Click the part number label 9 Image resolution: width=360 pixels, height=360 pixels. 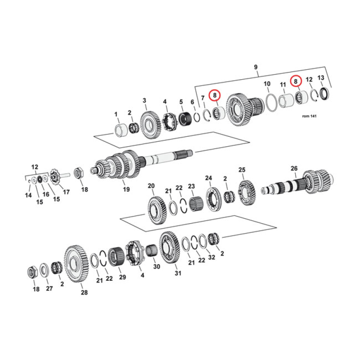click(256, 67)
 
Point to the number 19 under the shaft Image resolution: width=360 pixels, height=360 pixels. click(126, 189)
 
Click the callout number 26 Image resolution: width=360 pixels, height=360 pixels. click(294, 169)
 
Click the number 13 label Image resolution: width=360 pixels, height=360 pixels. click(320, 78)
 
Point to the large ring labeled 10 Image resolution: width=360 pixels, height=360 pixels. click(271, 102)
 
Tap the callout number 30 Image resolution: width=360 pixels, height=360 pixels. click(157, 266)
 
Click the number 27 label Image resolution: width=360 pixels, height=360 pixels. click(49, 288)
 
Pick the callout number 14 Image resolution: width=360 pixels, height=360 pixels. click(28, 195)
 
